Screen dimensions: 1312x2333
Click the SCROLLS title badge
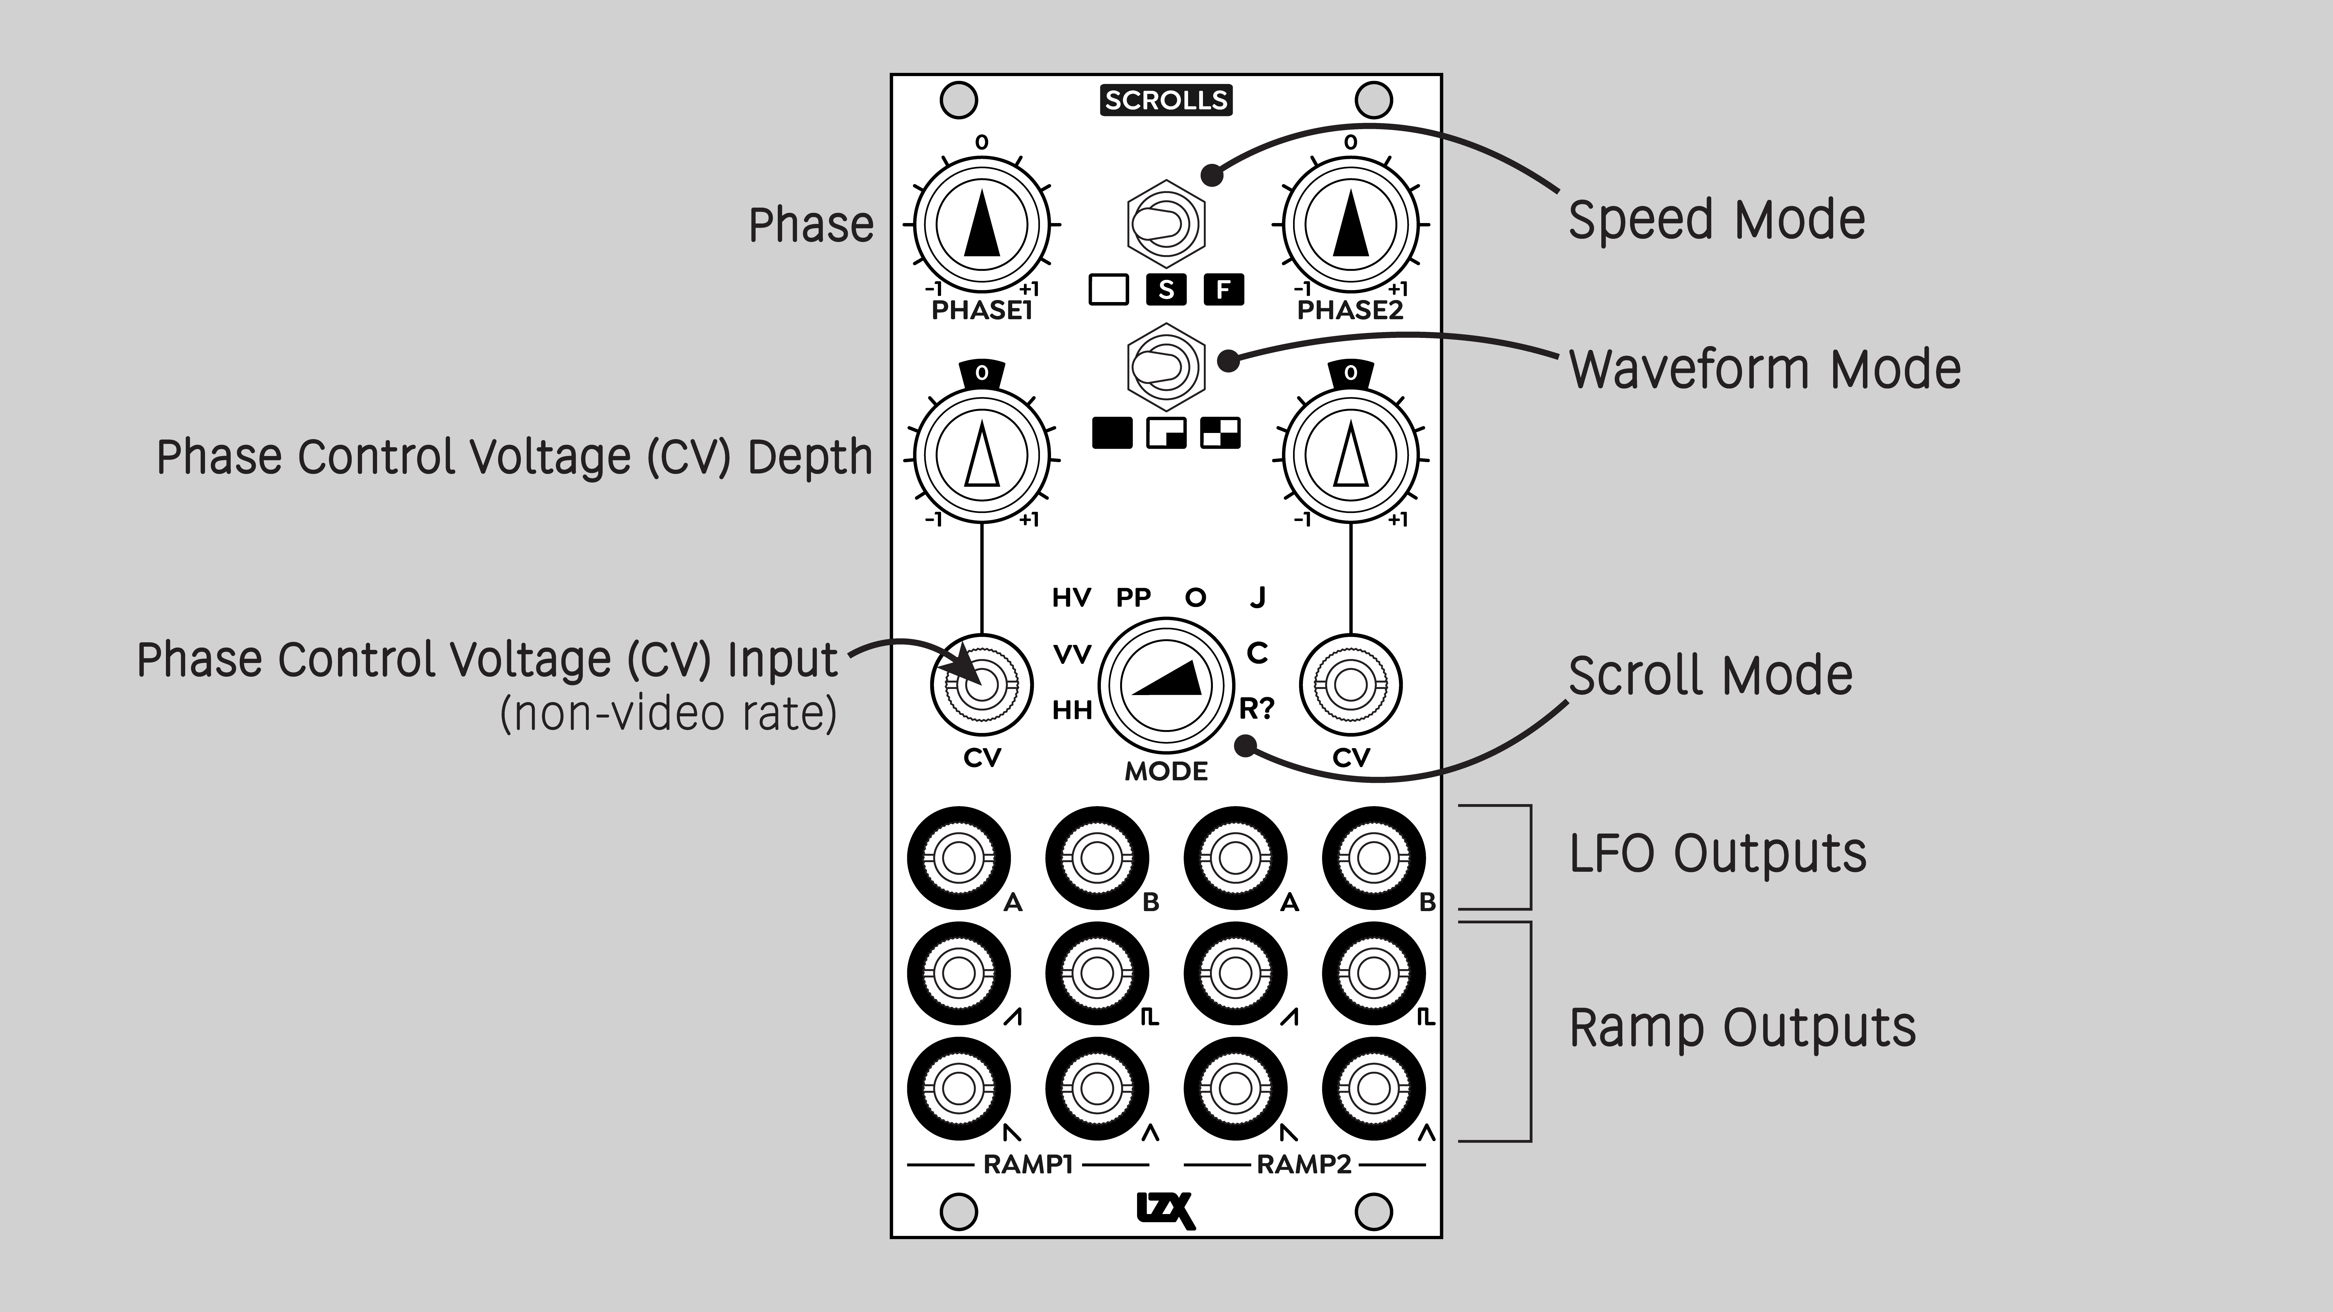click(1166, 100)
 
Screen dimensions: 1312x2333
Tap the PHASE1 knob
click(982, 224)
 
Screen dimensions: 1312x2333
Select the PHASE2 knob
click(1350, 224)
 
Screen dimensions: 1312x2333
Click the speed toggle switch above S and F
click(1166, 224)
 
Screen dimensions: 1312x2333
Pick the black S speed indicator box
click(1166, 290)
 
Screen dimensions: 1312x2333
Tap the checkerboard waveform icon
click(1220, 434)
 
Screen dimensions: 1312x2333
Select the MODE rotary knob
click(1166, 685)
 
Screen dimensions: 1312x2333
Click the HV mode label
click(1071, 598)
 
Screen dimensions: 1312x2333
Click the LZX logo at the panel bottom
click(1166, 1211)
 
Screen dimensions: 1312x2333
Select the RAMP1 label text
click(1028, 1164)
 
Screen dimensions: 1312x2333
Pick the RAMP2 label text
click(1304, 1164)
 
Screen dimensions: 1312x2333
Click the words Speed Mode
click(1716, 220)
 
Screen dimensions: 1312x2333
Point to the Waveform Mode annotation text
click(1764, 369)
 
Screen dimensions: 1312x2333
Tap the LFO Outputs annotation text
click(1717, 853)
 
